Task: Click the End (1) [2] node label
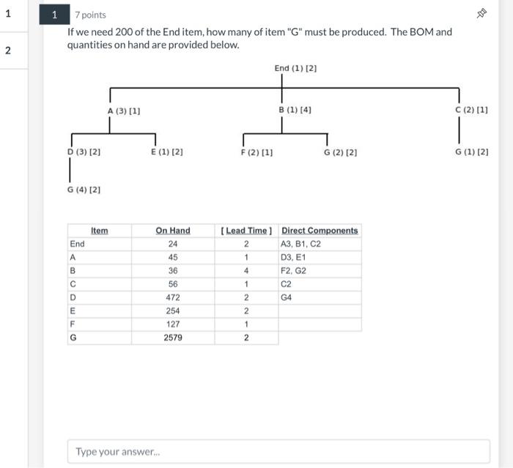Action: pyautogui.click(x=295, y=68)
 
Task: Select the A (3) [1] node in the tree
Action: pyautogui.click(x=124, y=111)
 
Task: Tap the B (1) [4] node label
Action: pyautogui.click(x=295, y=110)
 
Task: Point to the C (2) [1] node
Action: pyautogui.click(x=471, y=110)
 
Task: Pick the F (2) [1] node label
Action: pyautogui.click(x=256, y=152)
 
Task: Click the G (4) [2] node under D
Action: pyautogui.click(x=84, y=190)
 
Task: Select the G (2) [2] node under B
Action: pyautogui.click(x=340, y=152)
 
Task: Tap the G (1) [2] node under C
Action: pyautogui.click(x=471, y=152)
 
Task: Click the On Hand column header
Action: pyautogui.click(x=172, y=231)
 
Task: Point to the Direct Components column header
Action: pyautogui.click(x=320, y=231)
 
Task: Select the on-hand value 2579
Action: pyautogui.click(x=173, y=338)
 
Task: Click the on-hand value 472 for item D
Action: pyautogui.click(x=173, y=297)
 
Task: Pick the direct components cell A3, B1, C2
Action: pyautogui.click(x=300, y=244)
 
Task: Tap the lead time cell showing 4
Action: pyautogui.click(x=246, y=270)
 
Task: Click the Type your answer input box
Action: pyautogui.click(x=278, y=451)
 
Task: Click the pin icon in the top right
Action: pyautogui.click(x=481, y=14)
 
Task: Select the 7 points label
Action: pyautogui.click(x=90, y=15)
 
